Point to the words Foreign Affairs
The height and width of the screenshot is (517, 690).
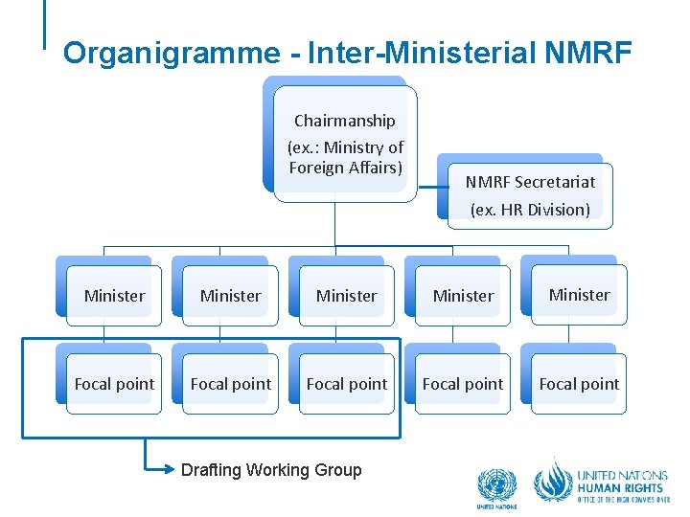345,168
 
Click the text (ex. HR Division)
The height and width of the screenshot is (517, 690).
530,210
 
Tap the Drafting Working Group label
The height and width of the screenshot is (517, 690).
271,469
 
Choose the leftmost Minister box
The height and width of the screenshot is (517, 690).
114,296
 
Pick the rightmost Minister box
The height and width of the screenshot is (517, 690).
579,295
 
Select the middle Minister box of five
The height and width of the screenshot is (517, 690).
347,296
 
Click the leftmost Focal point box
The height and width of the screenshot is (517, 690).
114,384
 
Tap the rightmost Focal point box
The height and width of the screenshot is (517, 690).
579,384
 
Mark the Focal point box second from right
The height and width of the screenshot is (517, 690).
463,384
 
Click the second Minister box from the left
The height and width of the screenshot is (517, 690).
230,296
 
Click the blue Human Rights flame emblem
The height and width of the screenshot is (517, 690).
552,480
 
